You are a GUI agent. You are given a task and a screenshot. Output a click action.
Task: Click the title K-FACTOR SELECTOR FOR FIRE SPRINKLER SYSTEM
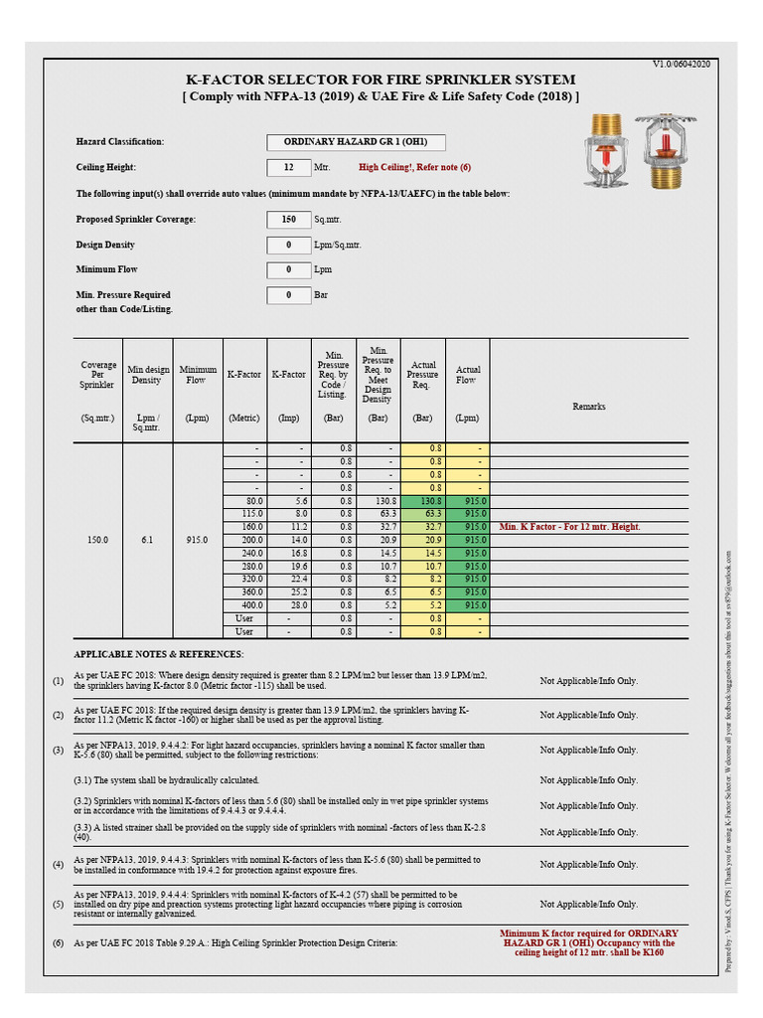tap(381, 80)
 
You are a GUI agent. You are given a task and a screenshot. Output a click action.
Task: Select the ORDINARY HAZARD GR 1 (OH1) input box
tap(356, 142)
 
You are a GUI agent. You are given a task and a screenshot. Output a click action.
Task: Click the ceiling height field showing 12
tap(289, 168)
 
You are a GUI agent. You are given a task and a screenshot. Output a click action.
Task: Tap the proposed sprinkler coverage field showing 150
tap(289, 219)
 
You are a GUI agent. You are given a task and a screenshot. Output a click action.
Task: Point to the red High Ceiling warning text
tap(414, 168)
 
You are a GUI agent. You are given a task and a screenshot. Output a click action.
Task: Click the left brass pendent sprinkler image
tap(604, 149)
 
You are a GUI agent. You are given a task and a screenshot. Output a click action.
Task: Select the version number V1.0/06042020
tap(681, 64)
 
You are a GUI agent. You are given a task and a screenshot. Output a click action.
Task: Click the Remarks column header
tap(588, 406)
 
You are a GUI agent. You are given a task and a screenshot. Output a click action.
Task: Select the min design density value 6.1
tap(147, 540)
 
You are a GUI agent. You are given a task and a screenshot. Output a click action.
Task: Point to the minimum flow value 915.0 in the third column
tap(197, 540)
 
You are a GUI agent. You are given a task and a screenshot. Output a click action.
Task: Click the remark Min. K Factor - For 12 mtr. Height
tap(569, 527)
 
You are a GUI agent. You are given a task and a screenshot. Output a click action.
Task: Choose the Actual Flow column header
tap(468, 375)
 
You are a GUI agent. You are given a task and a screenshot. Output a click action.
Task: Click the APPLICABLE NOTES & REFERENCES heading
tap(158, 654)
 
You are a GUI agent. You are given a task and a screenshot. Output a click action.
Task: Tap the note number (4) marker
tap(58, 864)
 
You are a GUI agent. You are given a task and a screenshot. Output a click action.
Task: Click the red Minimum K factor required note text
tap(588, 942)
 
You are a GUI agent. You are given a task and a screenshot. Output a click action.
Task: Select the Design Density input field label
tap(105, 245)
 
